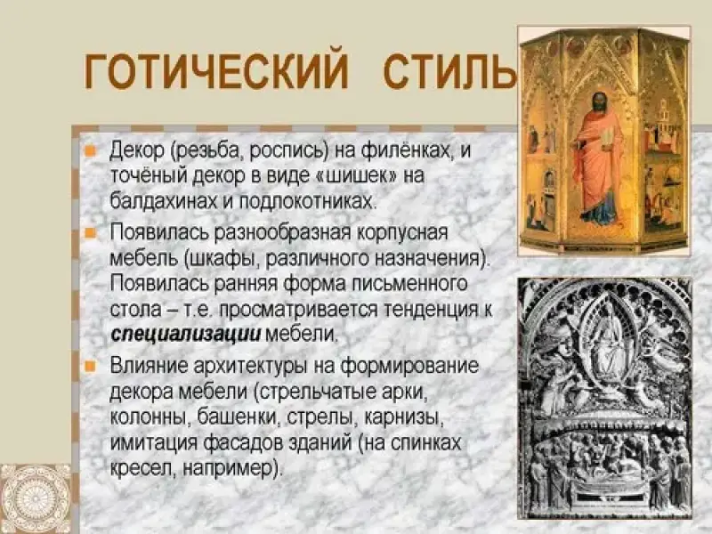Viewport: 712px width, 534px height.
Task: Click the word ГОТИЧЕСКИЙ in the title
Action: (216, 72)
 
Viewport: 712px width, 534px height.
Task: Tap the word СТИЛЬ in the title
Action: (450, 72)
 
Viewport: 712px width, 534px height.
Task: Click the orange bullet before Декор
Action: (91, 150)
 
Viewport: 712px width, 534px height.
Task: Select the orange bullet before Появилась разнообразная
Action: (91, 233)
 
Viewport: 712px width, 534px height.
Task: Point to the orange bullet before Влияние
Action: (91, 366)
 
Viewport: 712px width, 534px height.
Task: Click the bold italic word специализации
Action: (186, 336)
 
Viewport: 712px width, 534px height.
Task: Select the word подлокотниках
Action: (307, 201)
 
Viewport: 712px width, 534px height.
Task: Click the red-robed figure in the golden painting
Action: (595, 159)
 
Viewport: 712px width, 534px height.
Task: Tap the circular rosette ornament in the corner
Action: (36, 499)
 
